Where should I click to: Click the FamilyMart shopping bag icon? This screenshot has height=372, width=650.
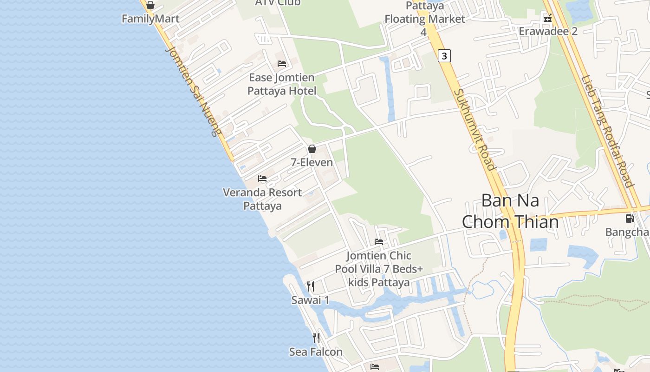pos(150,6)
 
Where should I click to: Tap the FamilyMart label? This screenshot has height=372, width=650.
pos(150,19)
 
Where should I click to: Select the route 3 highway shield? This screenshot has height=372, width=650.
pos(444,56)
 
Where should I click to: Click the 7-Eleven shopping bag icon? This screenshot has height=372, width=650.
pos(312,149)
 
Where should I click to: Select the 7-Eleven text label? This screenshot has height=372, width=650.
pos(312,162)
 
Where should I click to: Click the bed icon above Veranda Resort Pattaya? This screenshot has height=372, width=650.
pos(262,179)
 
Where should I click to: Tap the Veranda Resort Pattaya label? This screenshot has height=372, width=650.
pos(262,199)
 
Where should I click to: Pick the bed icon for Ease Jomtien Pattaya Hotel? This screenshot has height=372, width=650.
pos(282,64)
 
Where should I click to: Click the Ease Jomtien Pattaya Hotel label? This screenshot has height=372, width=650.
pos(282,84)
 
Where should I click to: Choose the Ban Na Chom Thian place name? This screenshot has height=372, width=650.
pos(510,211)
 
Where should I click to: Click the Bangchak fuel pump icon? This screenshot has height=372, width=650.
pos(630,218)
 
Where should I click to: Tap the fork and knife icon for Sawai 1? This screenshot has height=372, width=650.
pos(311,286)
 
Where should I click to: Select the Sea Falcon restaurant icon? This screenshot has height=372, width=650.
pos(316,338)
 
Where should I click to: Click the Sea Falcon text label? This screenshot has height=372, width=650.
pos(316,352)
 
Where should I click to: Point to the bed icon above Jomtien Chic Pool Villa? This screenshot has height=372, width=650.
pos(379,242)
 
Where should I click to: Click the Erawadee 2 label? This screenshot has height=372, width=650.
pos(548,31)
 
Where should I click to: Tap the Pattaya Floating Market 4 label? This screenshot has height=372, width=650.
pos(424,19)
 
